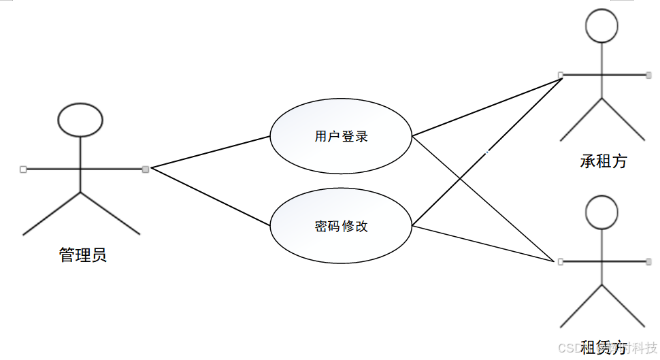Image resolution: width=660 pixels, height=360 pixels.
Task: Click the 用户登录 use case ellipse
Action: (341, 136)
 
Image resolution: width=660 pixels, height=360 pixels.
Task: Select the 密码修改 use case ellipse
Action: (341, 226)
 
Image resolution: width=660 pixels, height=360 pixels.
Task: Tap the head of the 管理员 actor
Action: (80, 120)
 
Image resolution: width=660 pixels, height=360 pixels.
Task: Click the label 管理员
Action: (82, 256)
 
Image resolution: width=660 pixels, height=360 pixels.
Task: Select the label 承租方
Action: (604, 161)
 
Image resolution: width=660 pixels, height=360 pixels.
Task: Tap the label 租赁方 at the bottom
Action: (604, 348)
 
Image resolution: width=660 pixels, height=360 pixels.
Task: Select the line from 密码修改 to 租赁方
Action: (483, 244)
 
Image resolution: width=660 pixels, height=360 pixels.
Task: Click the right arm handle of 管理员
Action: (145, 169)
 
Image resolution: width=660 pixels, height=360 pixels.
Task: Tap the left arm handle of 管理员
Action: (23, 169)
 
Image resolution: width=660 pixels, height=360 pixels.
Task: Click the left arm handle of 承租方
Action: (560, 74)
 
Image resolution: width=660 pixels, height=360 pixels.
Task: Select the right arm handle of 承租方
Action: (649, 74)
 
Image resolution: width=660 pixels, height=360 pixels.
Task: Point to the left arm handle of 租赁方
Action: (560, 261)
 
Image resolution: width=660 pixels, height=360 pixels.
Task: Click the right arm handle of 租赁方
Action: (649, 261)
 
